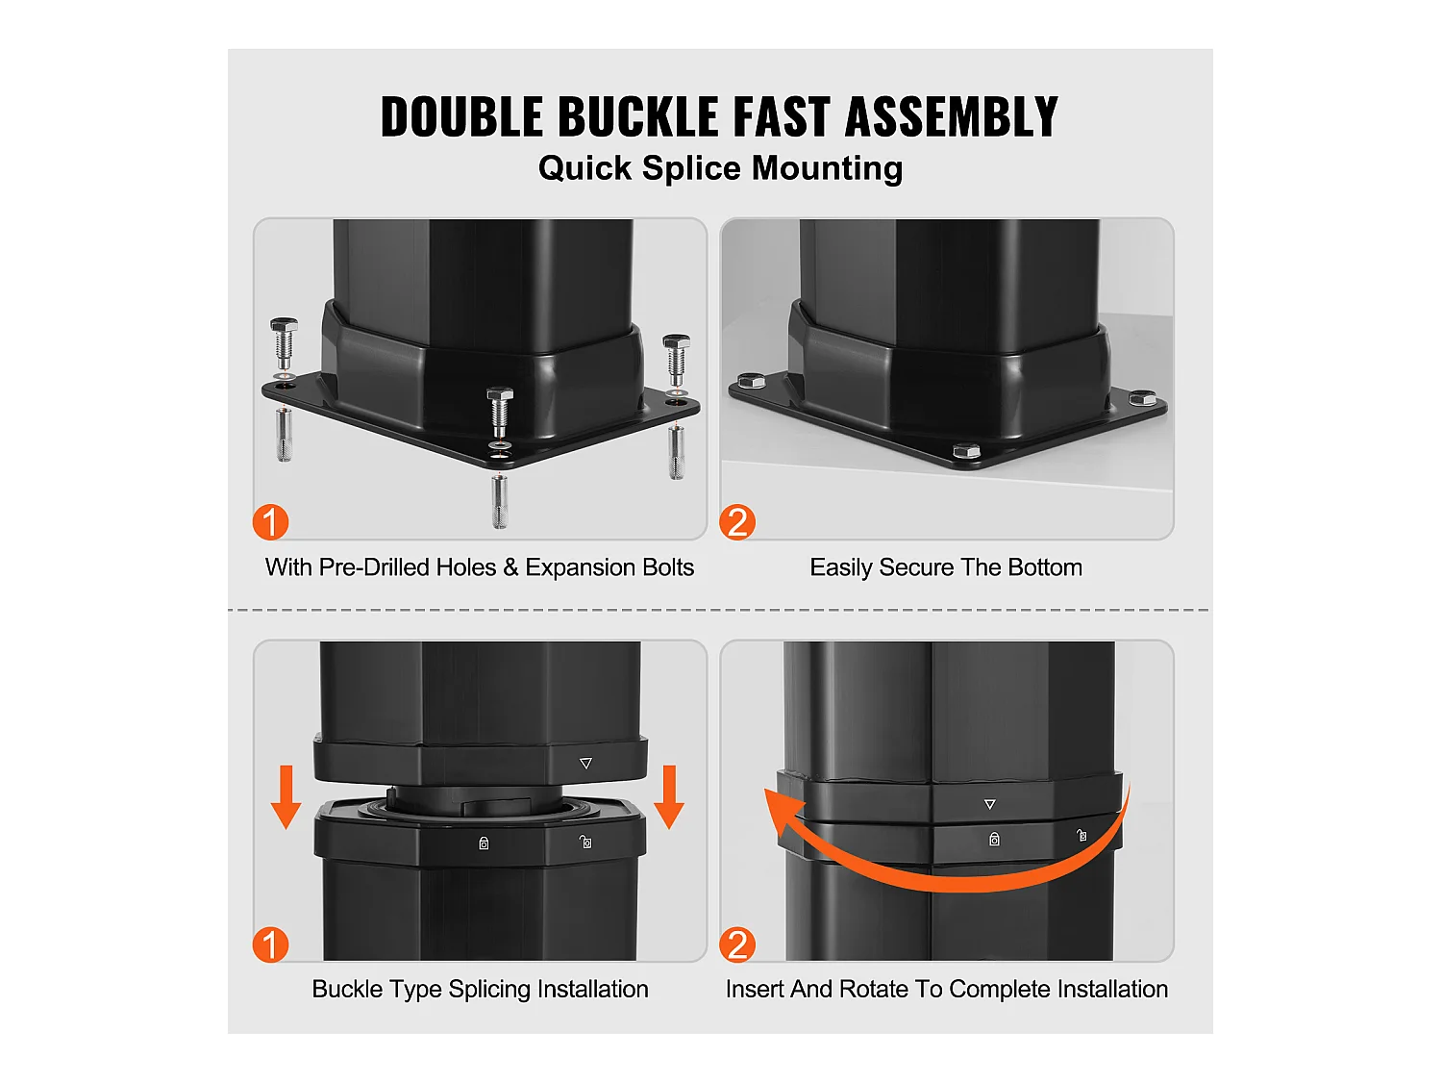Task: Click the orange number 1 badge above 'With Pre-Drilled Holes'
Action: [x=271, y=522]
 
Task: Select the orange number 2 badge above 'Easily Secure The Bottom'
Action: [x=737, y=522]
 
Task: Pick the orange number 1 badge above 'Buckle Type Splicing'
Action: [x=271, y=944]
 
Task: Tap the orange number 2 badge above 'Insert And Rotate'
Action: [x=737, y=944]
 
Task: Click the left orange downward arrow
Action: [x=286, y=797]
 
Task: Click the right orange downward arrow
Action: [x=669, y=797]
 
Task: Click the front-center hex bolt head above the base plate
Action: [x=500, y=396]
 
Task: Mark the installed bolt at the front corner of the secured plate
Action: [x=966, y=451]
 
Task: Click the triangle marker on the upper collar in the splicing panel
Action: [x=586, y=763]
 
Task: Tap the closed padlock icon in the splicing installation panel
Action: [x=484, y=843]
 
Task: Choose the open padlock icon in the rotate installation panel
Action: [x=1081, y=836]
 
